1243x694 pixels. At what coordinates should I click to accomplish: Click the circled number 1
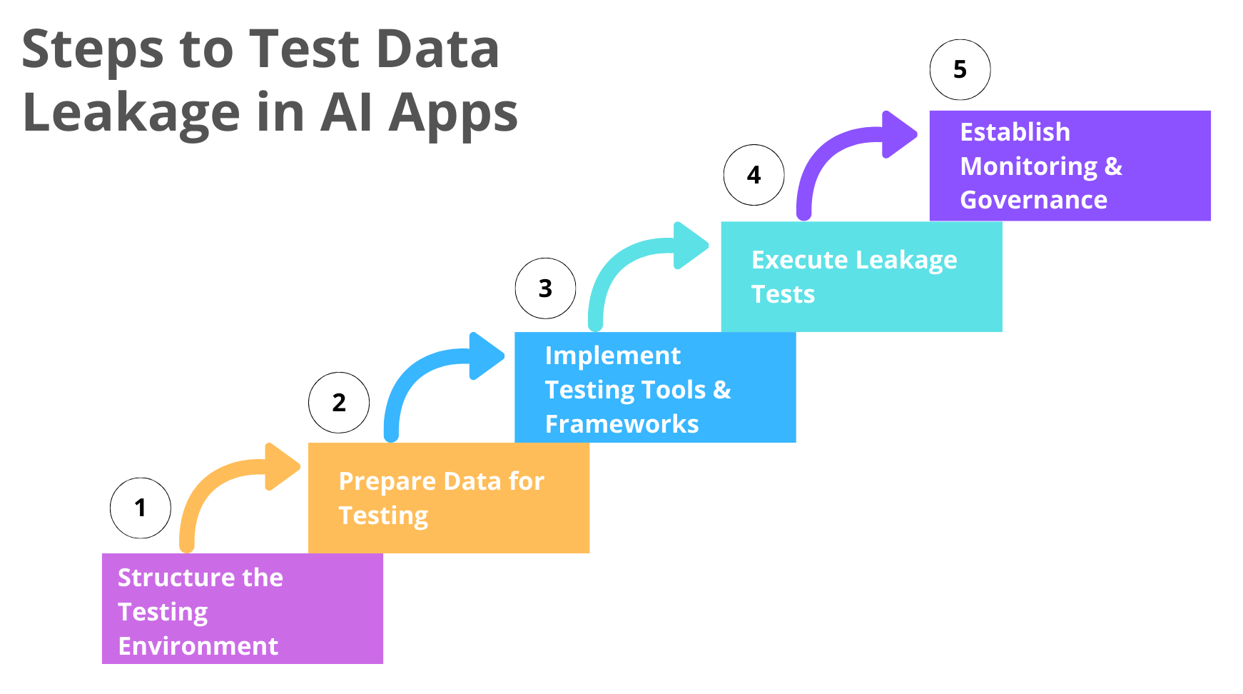(141, 508)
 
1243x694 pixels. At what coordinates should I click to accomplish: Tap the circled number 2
(339, 403)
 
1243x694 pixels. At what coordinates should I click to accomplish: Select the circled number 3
(545, 288)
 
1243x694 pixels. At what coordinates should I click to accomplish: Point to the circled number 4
(754, 175)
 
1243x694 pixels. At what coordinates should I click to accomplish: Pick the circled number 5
(960, 69)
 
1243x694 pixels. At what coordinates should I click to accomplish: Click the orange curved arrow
(214, 486)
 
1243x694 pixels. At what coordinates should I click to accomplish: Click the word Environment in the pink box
(198, 646)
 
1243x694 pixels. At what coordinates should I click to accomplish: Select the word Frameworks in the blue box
(621, 424)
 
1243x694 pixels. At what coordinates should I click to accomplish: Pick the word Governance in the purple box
(1033, 200)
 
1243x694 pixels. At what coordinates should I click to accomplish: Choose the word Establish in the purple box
(1015, 132)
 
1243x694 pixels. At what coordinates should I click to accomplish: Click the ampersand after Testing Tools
(722, 390)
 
